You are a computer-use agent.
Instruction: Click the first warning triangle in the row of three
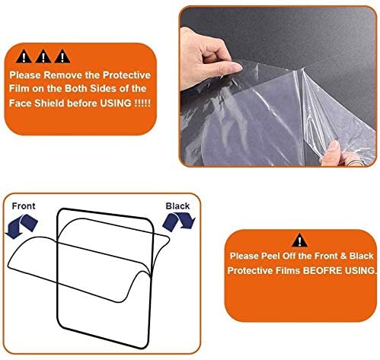(x=24, y=56)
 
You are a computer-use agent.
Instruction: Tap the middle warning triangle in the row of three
(x=43, y=56)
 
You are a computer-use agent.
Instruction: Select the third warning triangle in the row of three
(x=62, y=56)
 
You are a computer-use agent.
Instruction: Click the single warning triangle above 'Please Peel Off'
(x=299, y=241)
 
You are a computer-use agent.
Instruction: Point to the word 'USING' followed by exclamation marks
(x=116, y=104)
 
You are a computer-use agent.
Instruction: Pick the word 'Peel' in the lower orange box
(x=271, y=256)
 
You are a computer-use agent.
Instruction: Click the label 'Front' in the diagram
(x=24, y=206)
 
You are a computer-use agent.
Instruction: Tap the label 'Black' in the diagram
(x=177, y=206)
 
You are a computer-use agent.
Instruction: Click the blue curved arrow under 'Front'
(x=21, y=226)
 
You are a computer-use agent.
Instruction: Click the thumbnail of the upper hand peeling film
(x=237, y=68)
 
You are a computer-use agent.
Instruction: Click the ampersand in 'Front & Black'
(x=343, y=256)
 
